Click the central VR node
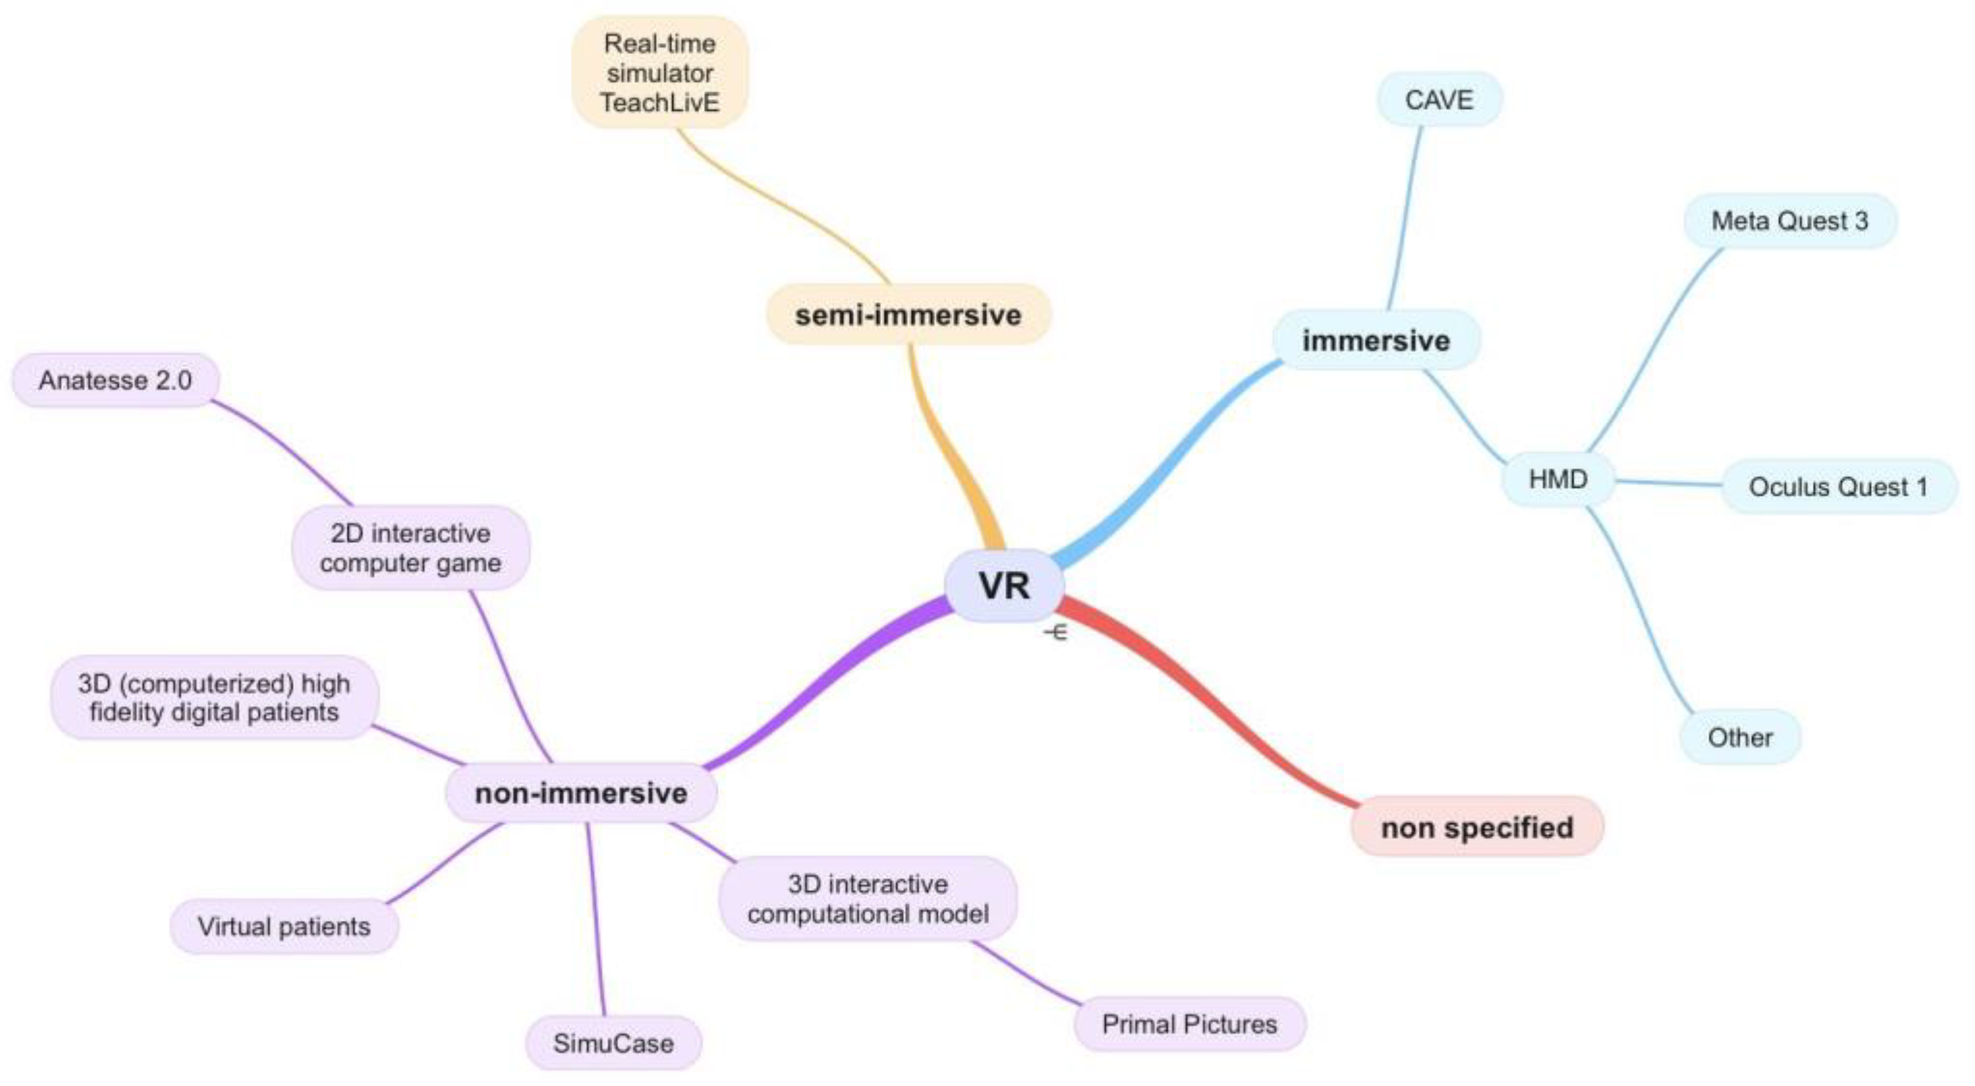click(1004, 585)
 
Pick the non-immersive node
click(581, 793)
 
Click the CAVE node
click(1438, 100)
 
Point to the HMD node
click(1557, 480)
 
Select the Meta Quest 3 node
click(1790, 221)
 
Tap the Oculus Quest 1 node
click(1838, 486)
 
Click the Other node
click(1739, 737)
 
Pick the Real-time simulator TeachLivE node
click(660, 73)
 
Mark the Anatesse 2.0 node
click(115, 380)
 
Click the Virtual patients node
click(284, 926)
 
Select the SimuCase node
click(613, 1043)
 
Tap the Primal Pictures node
click(1189, 1024)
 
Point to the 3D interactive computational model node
click(868, 899)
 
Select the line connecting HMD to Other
click(1641, 613)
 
